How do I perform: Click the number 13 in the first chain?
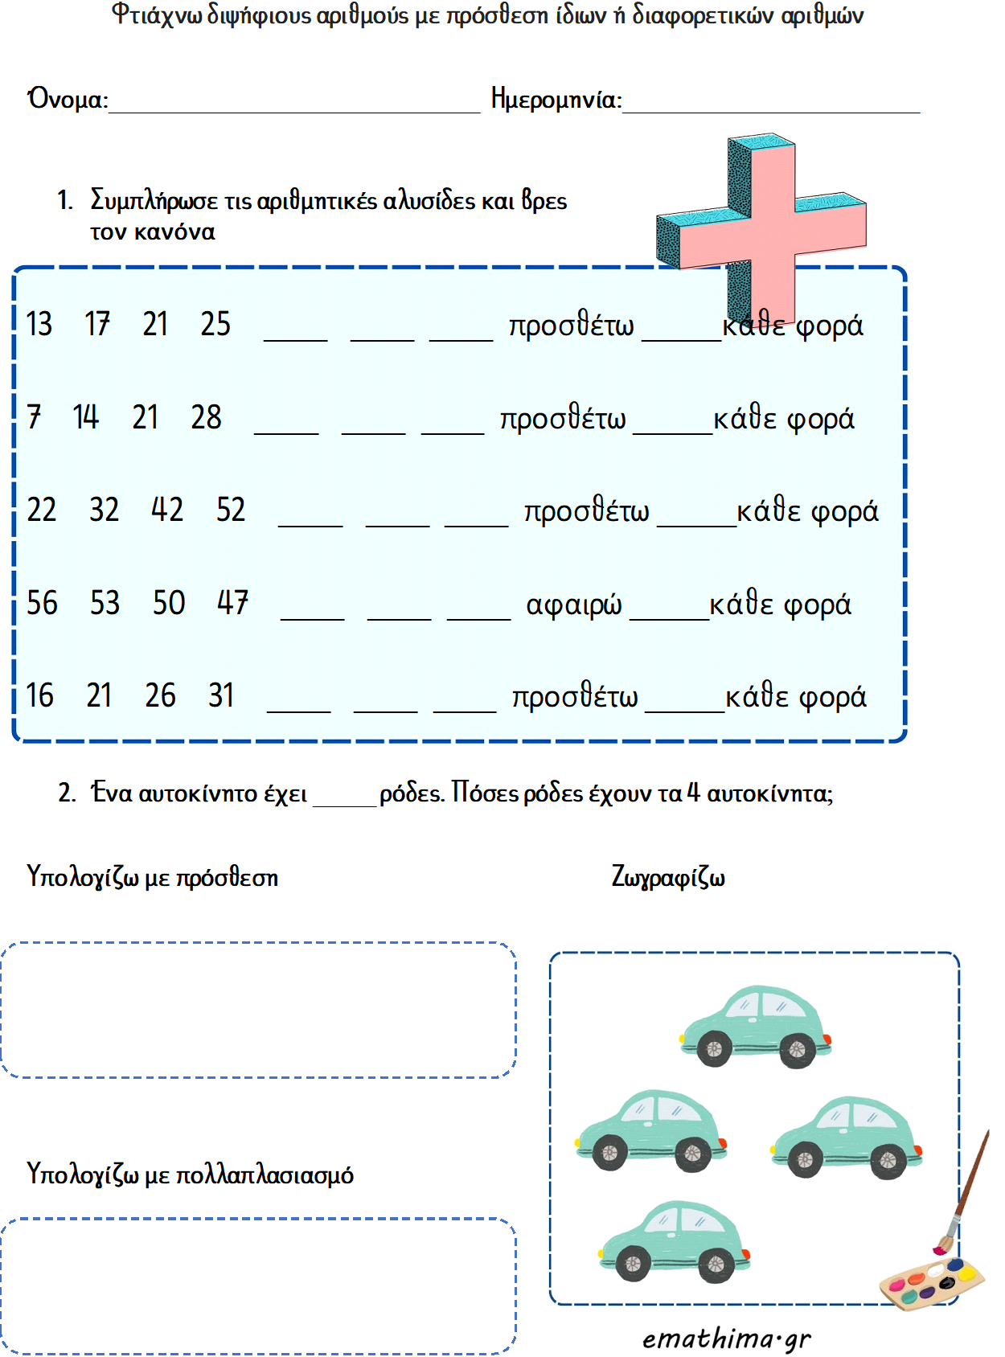click(39, 324)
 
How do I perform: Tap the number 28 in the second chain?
click(206, 417)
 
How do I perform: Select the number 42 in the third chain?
click(167, 510)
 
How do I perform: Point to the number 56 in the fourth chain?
click(42, 603)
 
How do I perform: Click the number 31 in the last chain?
click(221, 695)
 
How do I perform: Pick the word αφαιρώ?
click(573, 605)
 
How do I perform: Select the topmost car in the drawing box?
click(756, 1027)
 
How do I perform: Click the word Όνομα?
click(68, 99)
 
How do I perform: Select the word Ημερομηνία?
click(556, 99)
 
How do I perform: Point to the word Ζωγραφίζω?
click(668, 876)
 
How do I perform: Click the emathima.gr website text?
click(726, 1339)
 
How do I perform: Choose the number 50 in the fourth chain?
click(169, 603)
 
